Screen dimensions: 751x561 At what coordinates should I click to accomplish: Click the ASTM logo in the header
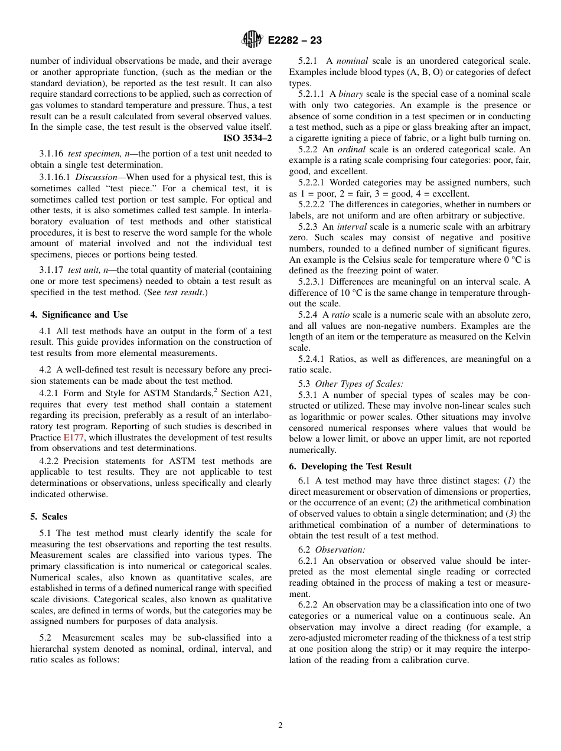click(252, 40)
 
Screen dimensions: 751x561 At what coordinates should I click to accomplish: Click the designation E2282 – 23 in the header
click(295, 41)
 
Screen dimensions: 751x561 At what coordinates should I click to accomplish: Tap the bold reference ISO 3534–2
click(247, 138)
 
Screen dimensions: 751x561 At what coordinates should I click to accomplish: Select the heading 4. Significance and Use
click(79, 315)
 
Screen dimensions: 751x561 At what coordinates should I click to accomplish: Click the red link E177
click(73, 437)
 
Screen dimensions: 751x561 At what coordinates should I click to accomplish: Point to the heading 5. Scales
click(48, 517)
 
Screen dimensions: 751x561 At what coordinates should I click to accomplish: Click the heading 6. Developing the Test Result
click(350, 466)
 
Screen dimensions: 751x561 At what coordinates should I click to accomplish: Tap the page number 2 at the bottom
click(280, 726)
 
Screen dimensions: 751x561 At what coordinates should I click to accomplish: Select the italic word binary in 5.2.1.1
click(351, 94)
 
